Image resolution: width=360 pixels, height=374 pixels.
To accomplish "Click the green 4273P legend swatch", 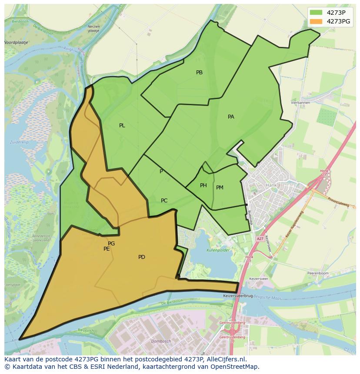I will coord(316,13).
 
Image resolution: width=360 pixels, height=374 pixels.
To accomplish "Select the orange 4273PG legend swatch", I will coord(316,21).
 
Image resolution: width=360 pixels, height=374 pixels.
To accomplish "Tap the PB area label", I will coord(199,73).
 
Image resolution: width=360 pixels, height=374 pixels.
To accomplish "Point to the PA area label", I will coord(231,117).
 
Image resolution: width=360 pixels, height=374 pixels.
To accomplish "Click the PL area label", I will coord(122,126).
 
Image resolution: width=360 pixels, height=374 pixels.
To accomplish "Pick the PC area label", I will coord(164,201).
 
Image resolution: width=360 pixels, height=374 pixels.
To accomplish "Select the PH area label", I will coord(203,185).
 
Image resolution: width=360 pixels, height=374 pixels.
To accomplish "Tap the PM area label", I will coord(220,188).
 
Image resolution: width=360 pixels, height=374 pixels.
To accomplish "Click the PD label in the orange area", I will coord(142,257).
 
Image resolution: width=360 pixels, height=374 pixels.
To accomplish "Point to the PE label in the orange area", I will coord(107,249).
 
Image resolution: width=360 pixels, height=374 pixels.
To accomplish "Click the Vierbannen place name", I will coord(300,103).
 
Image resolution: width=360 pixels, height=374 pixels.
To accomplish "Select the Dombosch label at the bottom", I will coord(161,341).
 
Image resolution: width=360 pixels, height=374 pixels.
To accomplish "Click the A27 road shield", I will coord(260,239).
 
